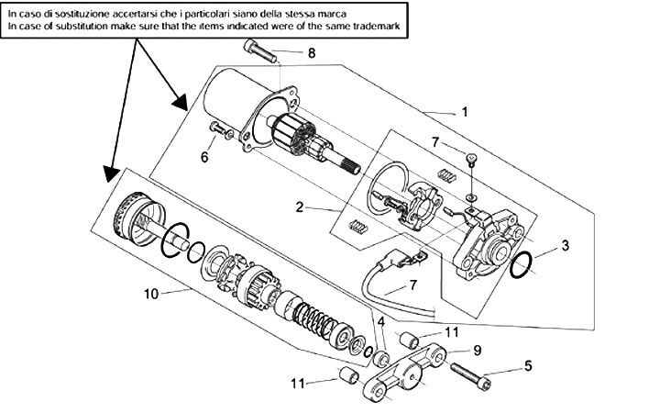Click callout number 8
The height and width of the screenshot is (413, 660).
point(312,54)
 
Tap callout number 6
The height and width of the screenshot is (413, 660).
point(204,157)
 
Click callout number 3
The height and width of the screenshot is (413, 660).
point(566,246)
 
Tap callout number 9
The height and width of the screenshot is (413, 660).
point(478,351)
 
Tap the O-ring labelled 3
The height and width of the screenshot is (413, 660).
point(521,265)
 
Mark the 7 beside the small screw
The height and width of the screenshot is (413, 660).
point(436,142)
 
